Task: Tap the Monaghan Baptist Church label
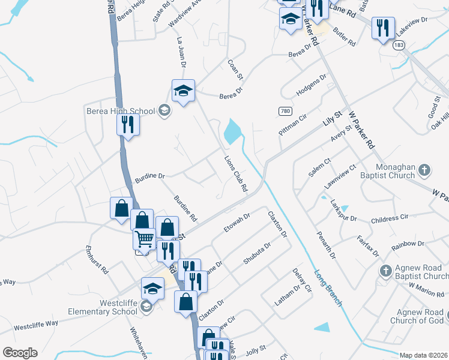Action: coord(395,171)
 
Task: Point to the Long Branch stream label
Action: coord(328,288)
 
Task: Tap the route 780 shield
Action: coord(285,111)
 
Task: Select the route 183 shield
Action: coord(399,45)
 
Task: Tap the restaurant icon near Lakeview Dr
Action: coord(382,28)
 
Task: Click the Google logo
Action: coord(19,353)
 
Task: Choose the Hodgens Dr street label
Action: coord(311,86)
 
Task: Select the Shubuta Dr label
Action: coord(258,253)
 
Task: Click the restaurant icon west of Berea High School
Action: coord(128,124)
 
